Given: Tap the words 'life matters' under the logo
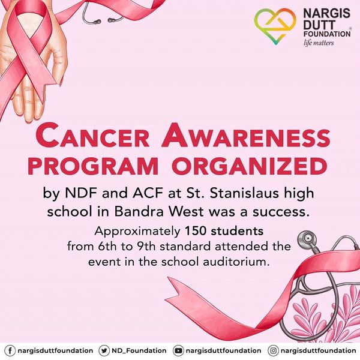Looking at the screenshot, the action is point(319,43).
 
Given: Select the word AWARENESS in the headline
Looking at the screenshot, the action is point(246,136).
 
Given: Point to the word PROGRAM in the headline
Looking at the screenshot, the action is point(93,166).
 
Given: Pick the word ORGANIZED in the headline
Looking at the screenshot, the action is point(250,166).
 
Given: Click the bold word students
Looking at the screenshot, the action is point(237,231).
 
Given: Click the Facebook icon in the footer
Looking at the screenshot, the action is point(10,350).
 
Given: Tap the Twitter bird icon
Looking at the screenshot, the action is point(104,350).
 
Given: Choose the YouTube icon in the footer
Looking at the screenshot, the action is point(178,350).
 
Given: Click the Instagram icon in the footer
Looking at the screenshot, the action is point(273,350).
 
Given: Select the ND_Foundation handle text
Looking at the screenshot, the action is point(139,351).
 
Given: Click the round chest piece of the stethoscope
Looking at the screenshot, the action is point(307,239).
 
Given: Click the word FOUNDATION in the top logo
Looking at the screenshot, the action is point(327,34).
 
